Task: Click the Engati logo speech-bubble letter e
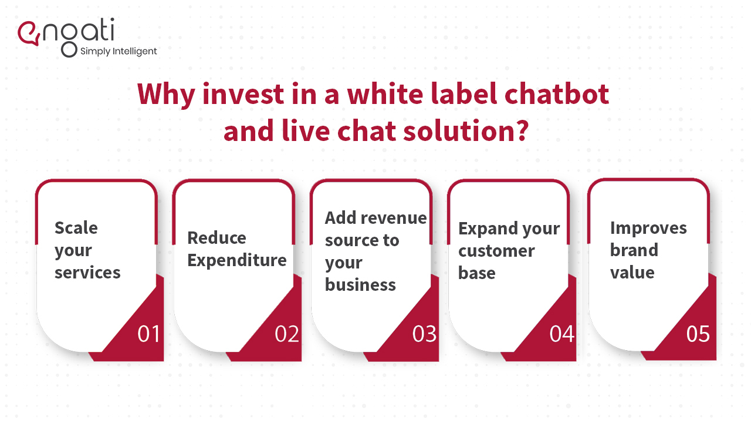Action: [29, 33]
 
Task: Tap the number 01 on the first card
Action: [148, 334]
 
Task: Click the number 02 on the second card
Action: [287, 334]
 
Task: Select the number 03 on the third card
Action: [424, 334]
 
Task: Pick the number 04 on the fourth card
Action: [561, 334]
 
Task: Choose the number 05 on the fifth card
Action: [698, 334]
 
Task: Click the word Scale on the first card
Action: [76, 228]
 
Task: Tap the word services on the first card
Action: [87, 273]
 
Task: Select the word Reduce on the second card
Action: [216, 238]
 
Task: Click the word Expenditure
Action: [236, 260]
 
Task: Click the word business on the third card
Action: [360, 285]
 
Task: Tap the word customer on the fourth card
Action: [496, 251]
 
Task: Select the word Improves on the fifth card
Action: [648, 228]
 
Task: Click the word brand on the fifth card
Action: [634, 250]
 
